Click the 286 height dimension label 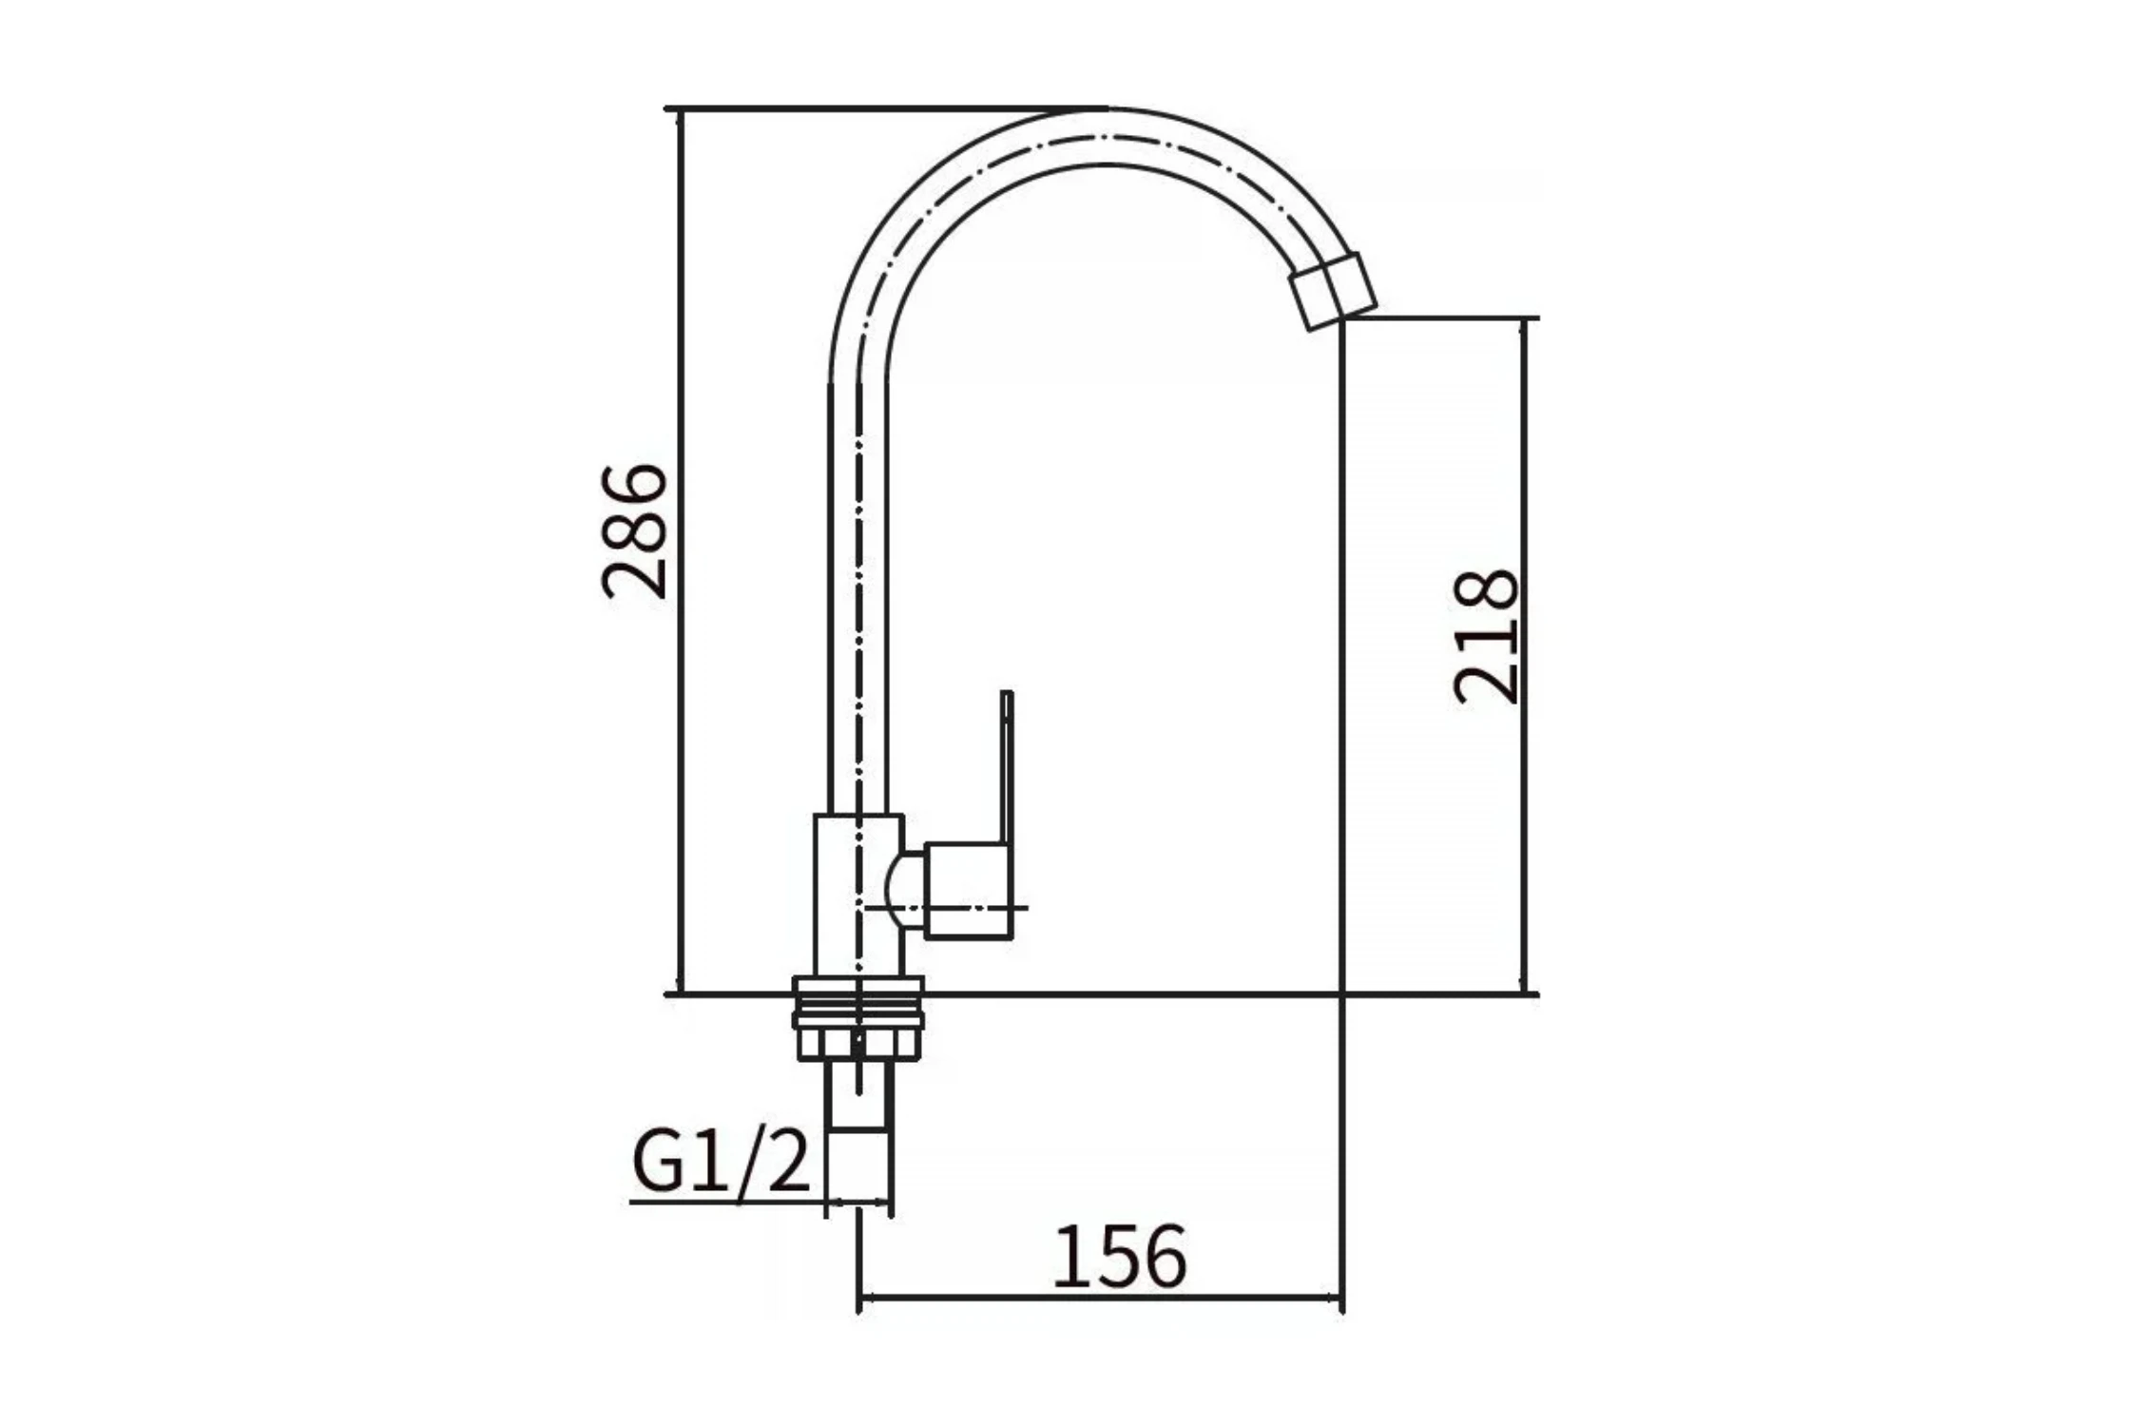tap(635, 530)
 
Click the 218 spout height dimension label tap(1486, 637)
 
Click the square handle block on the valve tap(967, 891)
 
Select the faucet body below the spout tap(858, 895)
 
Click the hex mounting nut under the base tap(858, 1042)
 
